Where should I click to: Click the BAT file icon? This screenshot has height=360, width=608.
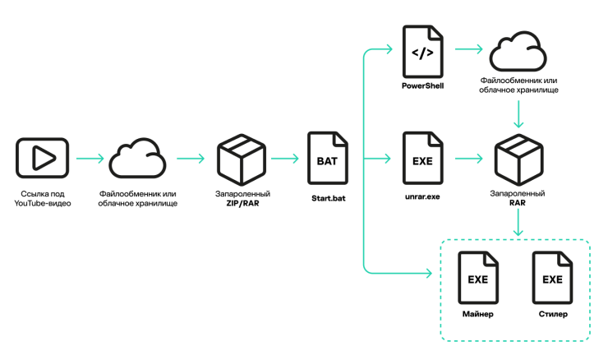point(326,158)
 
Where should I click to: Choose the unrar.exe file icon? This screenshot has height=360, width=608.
point(422,158)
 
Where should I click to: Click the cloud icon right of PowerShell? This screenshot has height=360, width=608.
point(518,53)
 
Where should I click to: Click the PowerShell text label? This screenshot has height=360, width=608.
point(422,85)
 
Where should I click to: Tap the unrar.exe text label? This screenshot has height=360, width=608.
point(422,198)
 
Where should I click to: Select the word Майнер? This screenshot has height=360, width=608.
point(477,315)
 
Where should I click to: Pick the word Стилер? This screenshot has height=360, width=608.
point(552,315)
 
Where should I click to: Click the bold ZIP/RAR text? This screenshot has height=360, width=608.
point(242,202)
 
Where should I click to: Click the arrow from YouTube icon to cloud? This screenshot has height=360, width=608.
point(90,158)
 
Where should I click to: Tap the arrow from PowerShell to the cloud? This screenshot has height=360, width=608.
point(468,50)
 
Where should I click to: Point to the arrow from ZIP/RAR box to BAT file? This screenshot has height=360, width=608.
point(284,158)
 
